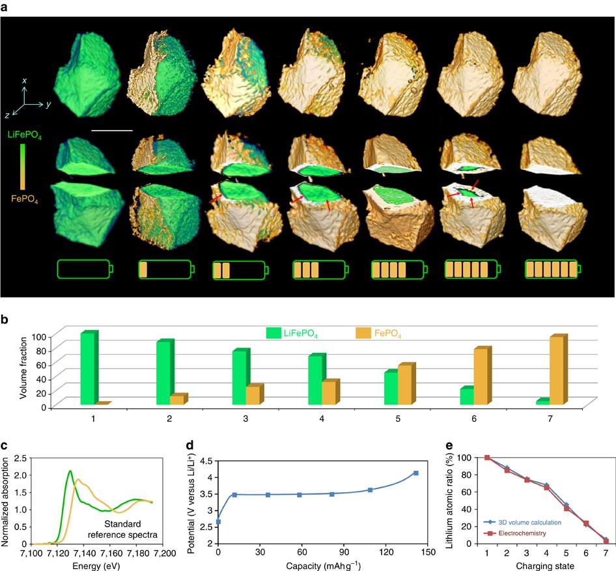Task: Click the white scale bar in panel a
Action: click(112, 130)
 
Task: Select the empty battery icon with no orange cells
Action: click(84, 269)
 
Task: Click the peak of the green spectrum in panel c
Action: click(70, 470)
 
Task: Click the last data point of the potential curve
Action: click(415, 473)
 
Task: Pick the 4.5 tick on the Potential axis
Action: click(206, 460)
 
